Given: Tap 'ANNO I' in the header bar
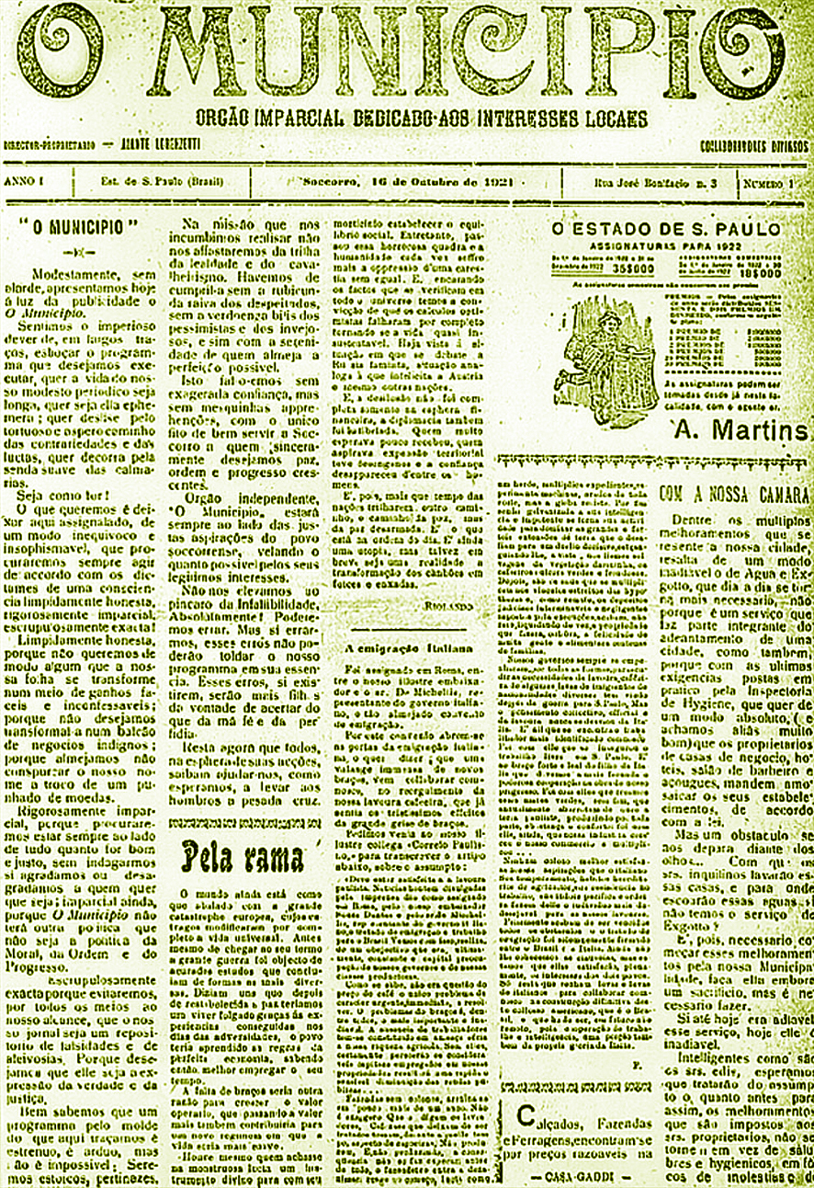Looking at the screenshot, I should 24,181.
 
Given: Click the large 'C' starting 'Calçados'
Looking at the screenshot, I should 523,1116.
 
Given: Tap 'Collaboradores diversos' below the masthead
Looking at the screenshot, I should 754,147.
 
